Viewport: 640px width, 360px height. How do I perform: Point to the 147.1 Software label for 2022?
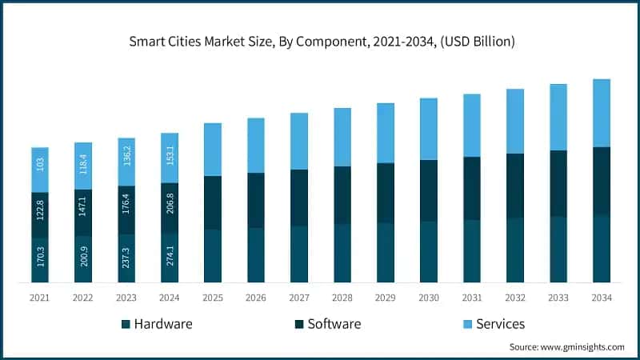(x=83, y=213)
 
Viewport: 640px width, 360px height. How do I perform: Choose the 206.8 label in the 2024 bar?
(x=170, y=208)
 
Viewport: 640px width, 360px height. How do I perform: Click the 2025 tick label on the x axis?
(x=212, y=298)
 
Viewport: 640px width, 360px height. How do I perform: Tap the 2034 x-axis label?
(x=601, y=298)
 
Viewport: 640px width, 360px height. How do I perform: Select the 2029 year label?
(x=385, y=298)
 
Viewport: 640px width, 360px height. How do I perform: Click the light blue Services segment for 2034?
(x=601, y=113)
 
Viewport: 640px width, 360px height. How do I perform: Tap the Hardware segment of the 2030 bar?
(x=428, y=252)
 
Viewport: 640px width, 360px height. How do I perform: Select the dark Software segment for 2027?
(x=298, y=198)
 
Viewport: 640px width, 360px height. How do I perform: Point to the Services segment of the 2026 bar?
(x=255, y=146)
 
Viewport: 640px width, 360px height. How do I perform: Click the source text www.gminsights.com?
(x=566, y=347)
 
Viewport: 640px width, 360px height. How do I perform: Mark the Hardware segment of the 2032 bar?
(x=514, y=250)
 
